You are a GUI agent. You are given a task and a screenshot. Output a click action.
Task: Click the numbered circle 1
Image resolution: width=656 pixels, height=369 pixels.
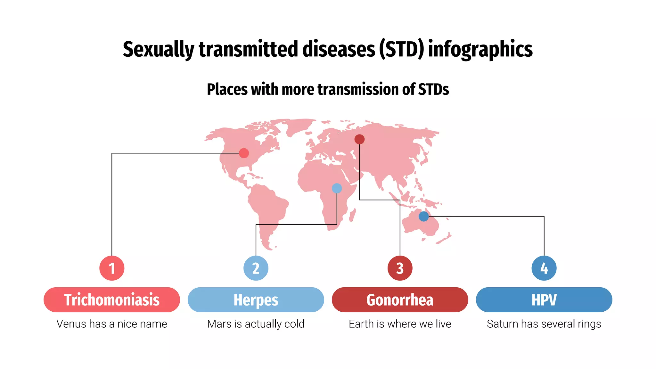pyautogui.click(x=112, y=268)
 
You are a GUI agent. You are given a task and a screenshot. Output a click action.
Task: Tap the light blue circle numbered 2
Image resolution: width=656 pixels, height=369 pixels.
pyautogui.click(x=256, y=268)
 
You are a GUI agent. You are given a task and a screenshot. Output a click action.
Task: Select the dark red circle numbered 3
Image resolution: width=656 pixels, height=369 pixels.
pyautogui.click(x=400, y=268)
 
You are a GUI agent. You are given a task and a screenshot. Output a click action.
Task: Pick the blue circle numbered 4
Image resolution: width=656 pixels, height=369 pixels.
pyautogui.click(x=544, y=268)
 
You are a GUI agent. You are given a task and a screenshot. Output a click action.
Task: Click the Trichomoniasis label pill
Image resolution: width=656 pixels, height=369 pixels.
pyautogui.click(x=112, y=300)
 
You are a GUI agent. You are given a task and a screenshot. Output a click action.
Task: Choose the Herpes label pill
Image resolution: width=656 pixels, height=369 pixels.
pyautogui.click(x=256, y=300)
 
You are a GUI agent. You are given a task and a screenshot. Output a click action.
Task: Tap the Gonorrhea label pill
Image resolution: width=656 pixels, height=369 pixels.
pyautogui.click(x=400, y=300)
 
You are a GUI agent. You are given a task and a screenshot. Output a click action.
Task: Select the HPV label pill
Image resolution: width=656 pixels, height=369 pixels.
pyautogui.click(x=544, y=300)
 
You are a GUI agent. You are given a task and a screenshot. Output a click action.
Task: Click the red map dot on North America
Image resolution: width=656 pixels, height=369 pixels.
pyautogui.click(x=244, y=153)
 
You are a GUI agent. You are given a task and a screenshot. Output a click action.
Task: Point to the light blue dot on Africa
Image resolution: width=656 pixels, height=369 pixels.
pyautogui.click(x=337, y=188)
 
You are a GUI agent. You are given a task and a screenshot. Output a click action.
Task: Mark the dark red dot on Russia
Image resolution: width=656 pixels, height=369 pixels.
pyautogui.click(x=359, y=139)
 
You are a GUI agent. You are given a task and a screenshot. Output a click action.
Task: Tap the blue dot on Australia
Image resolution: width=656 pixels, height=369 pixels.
pyautogui.click(x=423, y=217)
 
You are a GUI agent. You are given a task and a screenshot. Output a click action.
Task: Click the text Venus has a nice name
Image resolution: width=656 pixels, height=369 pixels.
pyautogui.click(x=112, y=324)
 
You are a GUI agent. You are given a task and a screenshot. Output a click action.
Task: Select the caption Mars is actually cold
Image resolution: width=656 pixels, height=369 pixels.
pyautogui.click(x=256, y=324)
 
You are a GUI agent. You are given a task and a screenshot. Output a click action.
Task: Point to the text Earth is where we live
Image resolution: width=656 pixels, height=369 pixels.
pyautogui.click(x=400, y=324)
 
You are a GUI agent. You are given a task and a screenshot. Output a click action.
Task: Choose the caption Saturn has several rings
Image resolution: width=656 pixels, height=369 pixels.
pyautogui.click(x=544, y=324)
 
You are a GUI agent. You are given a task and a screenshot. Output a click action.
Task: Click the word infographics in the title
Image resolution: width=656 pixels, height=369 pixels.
pyautogui.click(x=480, y=50)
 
